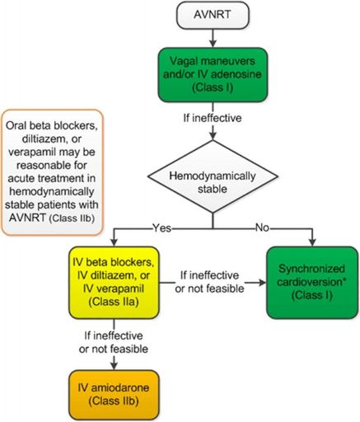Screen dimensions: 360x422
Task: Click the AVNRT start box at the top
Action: tap(213, 16)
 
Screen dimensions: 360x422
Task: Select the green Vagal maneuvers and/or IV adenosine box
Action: tap(213, 75)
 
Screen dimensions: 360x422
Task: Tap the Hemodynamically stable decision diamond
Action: tap(213, 176)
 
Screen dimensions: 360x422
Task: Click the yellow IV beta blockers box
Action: tap(114, 283)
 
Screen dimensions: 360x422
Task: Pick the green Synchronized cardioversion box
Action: tap(312, 283)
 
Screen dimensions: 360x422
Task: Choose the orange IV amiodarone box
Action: tap(114, 395)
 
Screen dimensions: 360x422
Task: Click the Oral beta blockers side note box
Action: tap(52, 172)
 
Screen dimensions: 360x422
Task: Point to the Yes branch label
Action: tap(162, 228)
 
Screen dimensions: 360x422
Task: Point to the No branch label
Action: tap(262, 227)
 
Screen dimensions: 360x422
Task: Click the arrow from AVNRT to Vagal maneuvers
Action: tap(213, 38)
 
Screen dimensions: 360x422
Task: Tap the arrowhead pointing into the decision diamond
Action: tap(213, 136)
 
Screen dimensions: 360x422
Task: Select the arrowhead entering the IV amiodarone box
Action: tap(114, 366)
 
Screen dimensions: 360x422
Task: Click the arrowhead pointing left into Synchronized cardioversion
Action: tap(262, 283)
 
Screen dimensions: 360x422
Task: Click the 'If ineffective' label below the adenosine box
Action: tap(213, 118)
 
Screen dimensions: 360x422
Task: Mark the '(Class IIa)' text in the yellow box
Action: tap(114, 302)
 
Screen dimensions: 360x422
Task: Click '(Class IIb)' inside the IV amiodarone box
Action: tap(113, 401)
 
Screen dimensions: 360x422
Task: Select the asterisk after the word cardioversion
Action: tap(343, 280)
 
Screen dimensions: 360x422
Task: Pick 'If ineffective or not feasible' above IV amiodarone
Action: tap(114, 342)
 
